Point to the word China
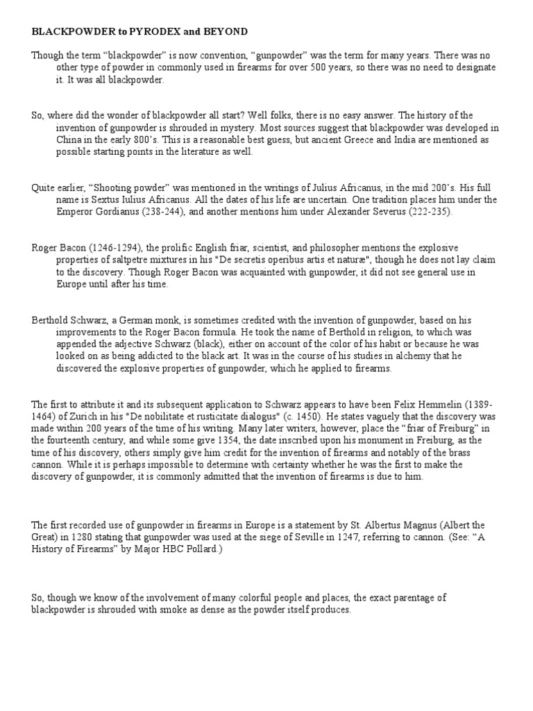69,140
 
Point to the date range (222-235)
427,212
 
